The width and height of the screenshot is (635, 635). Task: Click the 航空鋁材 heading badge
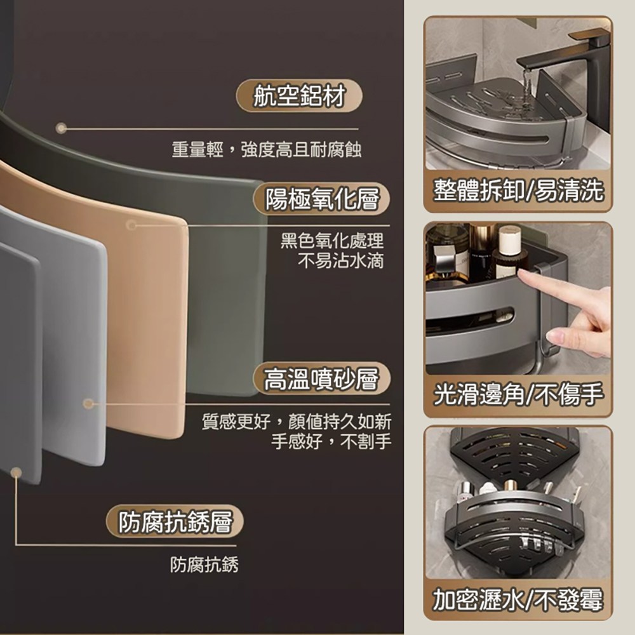(x=299, y=96)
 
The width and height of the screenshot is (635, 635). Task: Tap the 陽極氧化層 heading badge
(x=321, y=198)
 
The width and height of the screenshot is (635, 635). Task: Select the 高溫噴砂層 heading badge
(x=321, y=378)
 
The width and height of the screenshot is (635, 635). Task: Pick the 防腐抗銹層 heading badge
(x=175, y=521)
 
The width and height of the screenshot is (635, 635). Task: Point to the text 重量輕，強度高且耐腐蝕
(x=267, y=149)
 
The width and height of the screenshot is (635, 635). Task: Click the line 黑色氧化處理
(x=332, y=241)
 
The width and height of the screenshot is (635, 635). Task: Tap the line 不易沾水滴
(x=340, y=260)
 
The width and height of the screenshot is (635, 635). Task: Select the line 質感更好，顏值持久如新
(x=297, y=422)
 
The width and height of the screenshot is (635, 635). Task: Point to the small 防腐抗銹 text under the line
(x=204, y=565)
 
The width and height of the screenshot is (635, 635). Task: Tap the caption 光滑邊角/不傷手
(x=518, y=394)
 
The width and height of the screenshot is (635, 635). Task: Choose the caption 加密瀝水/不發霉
(x=518, y=599)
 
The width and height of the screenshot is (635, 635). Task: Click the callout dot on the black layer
(x=61, y=128)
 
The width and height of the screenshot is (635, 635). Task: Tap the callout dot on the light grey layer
(x=88, y=403)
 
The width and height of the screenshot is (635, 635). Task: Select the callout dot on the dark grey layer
(x=17, y=472)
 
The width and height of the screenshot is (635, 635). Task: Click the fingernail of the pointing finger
(x=552, y=335)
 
